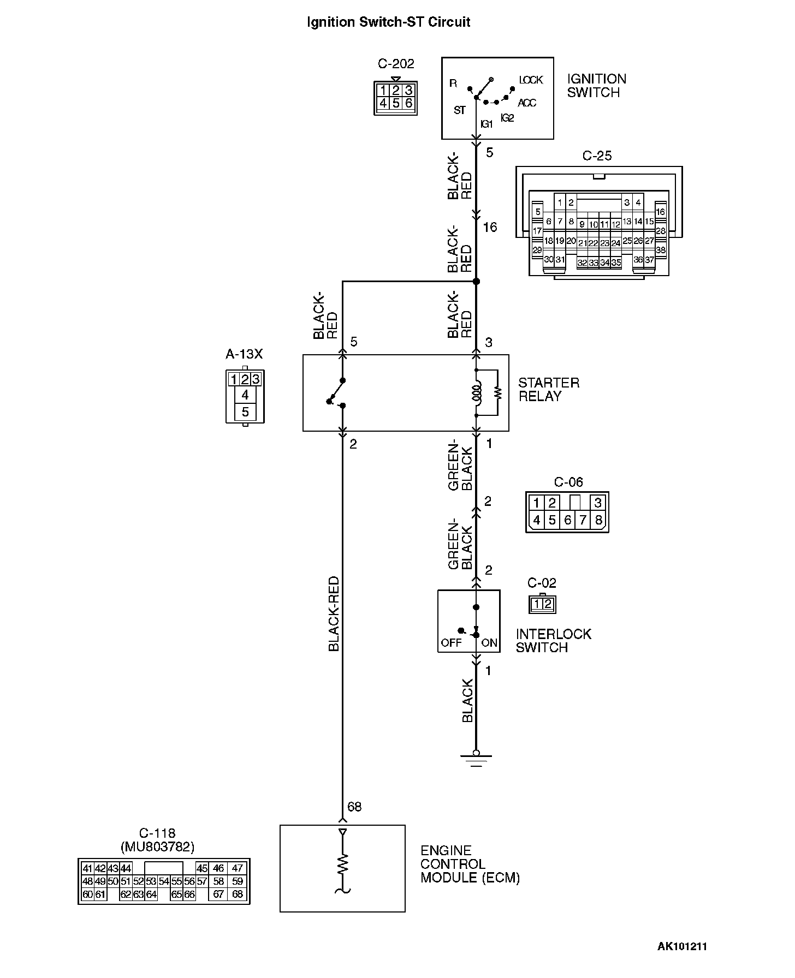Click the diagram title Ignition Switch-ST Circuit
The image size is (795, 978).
388,22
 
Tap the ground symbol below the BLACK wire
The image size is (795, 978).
476,759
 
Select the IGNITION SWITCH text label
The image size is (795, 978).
596,86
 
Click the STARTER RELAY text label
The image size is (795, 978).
548,390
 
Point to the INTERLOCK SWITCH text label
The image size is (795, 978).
553,641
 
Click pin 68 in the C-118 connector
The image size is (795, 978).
237,894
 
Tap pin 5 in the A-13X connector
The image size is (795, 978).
245,412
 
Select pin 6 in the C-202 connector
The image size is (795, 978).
408,103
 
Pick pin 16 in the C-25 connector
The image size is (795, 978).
661,212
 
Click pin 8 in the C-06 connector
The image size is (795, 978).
598,520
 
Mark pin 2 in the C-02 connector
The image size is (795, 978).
548,604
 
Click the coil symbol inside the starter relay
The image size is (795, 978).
477,393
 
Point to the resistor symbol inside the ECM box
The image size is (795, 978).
342,863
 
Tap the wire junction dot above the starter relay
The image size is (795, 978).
476,282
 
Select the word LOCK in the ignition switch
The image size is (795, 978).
531,80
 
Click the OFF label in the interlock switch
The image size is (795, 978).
451,642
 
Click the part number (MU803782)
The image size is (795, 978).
157,846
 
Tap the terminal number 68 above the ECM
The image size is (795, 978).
354,807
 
